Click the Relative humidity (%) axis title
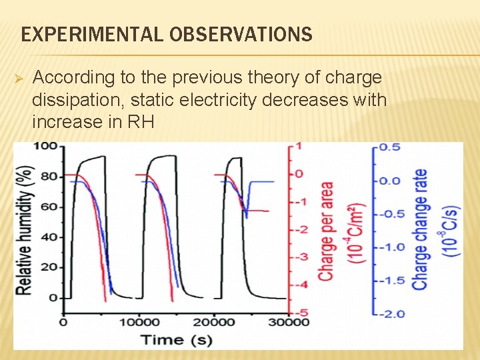25,222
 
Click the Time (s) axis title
176,339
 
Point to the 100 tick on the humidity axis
45,146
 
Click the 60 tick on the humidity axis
49,207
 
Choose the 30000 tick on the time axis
287,323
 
